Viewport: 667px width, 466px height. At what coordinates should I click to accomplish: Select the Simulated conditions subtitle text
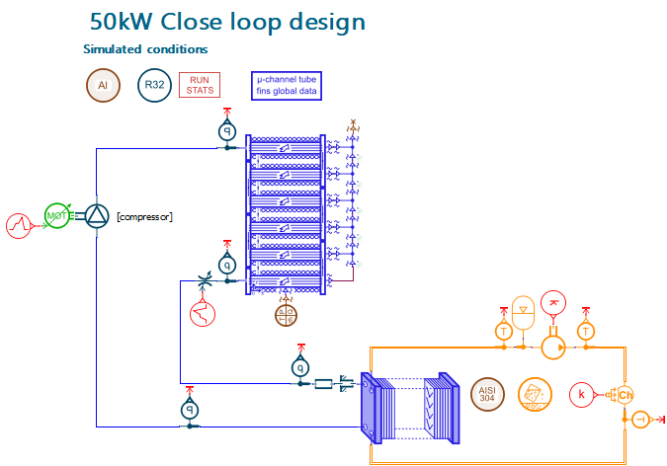point(145,49)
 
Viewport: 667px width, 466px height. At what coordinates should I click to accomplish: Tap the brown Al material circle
point(102,86)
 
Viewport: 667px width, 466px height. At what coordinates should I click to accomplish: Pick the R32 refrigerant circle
point(154,86)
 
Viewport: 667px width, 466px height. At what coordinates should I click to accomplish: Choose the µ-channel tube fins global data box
point(289,85)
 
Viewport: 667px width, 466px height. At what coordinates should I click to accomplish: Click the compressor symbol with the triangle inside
point(97,215)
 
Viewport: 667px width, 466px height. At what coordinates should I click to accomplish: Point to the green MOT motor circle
point(58,215)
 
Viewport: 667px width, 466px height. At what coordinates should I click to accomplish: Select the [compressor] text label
point(144,216)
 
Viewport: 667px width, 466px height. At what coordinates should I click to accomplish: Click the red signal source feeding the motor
point(21,225)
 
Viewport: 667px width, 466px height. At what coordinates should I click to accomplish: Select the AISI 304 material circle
point(485,391)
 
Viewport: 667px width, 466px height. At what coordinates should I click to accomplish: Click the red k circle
point(582,395)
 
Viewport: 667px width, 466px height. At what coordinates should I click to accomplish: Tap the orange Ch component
point(624,395)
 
